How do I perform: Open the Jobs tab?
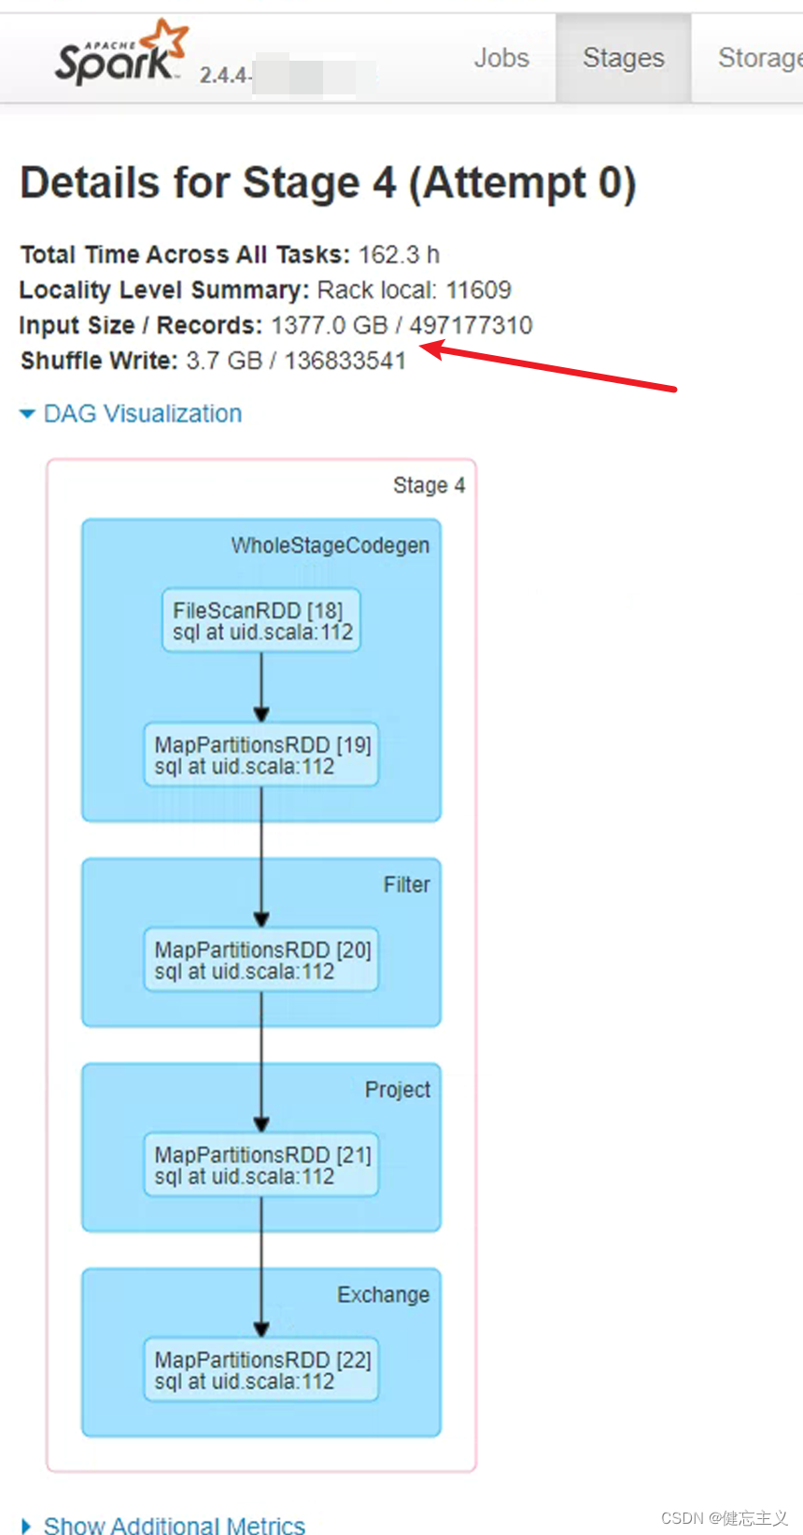point(501,58)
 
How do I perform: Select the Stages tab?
point(624,58)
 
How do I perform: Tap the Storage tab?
point(758,58)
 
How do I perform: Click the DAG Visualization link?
point(142,414)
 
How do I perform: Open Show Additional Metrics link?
point(174,1525)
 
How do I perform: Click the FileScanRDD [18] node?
point(261,620)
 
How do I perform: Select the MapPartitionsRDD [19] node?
point(261,755)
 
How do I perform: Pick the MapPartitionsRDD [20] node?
point(261,959)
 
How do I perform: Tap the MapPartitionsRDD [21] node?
point(261,1165)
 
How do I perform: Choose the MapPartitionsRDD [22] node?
point(261,1370)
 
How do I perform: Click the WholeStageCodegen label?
point(331,546)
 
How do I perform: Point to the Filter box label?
point(407,885)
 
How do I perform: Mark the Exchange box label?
point(384,1295)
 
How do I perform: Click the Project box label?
point(398,1090)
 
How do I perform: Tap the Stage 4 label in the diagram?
point(429,486)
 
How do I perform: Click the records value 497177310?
point(471,325)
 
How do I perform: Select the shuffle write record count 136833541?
point(345,361)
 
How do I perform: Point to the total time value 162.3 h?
point(399,254)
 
